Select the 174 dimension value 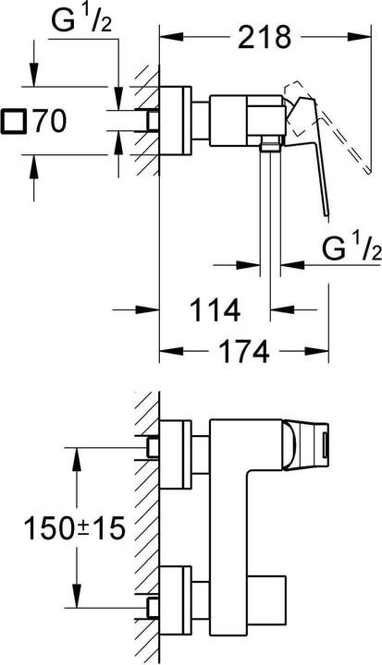(244, 352)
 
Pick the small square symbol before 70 (16, 120)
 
